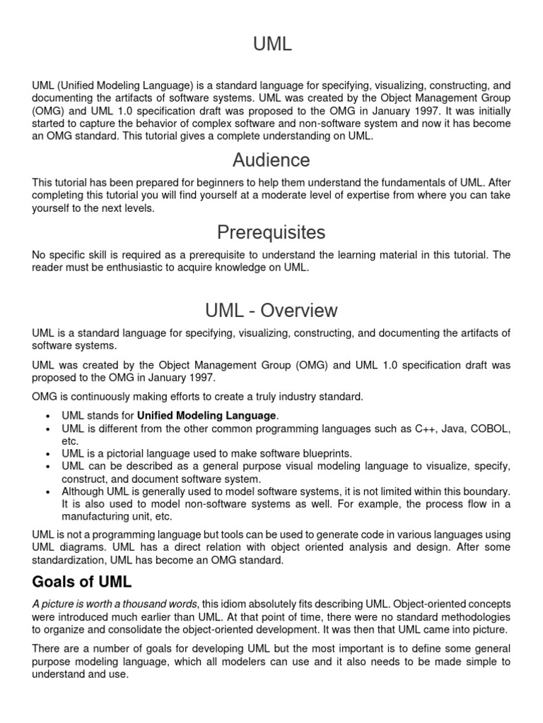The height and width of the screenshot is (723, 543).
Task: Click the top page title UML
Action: [271, 44]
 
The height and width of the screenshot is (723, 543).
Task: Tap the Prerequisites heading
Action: [271, 232]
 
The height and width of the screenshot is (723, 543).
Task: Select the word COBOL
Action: [488, 429]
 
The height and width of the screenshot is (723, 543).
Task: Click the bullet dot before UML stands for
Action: [47, 416]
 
